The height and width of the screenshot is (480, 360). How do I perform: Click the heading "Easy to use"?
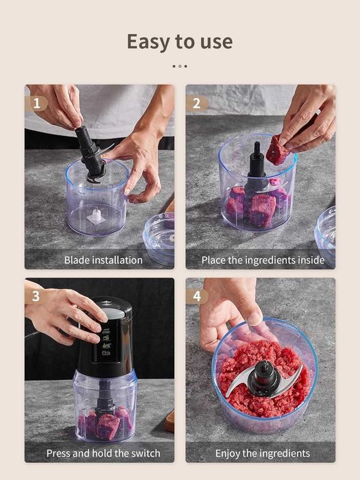pyautogui.click(x=180, y=42)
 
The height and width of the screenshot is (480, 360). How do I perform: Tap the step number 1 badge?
pyautogui.click(x=36, y=104)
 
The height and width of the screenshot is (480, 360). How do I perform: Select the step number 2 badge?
pyautogui.click(x=197, y=103)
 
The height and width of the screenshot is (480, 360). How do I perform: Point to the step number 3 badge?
pyautogui.click(x=36, y=296)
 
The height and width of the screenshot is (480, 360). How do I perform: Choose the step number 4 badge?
pyautogui.click(x=197, y=296)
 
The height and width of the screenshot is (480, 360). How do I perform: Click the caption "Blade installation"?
pyautogui.click(x=103, y=260)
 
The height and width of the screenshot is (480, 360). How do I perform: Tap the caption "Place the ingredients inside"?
pyautogui.click(x=263, y=260)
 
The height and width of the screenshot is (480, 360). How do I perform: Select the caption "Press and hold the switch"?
pyautogui.click(x=103, y=453)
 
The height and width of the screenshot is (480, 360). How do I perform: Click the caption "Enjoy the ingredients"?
pyautogui.click(x=263, y=453)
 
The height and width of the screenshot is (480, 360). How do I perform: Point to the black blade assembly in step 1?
pyautogui.click(x=91, y=154)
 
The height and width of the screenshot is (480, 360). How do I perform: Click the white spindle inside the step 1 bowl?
pyautogui.click(x=96, y=215)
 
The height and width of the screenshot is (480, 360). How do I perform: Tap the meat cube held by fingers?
pyautogui.click(x=277, y=150)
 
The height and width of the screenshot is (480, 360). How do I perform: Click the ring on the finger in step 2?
pyautogui.click(x=318, y=112)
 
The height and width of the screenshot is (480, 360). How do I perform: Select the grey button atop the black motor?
pyautogui.click(x=113, y=313)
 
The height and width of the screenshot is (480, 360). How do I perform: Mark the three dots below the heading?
pyautogui.click(x=180, y=66)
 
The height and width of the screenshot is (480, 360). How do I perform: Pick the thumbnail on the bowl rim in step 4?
pyautogui.click(x=254, y=319)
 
